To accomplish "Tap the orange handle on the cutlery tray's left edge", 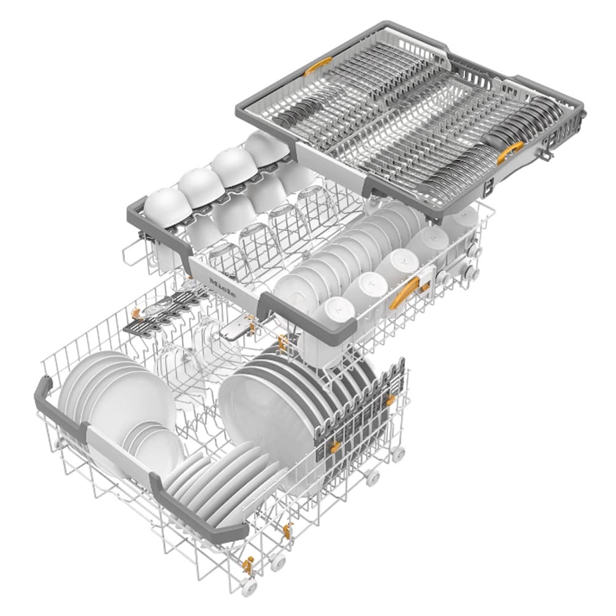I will tap(318, 65).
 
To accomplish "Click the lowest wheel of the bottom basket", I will tap(249, 585).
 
